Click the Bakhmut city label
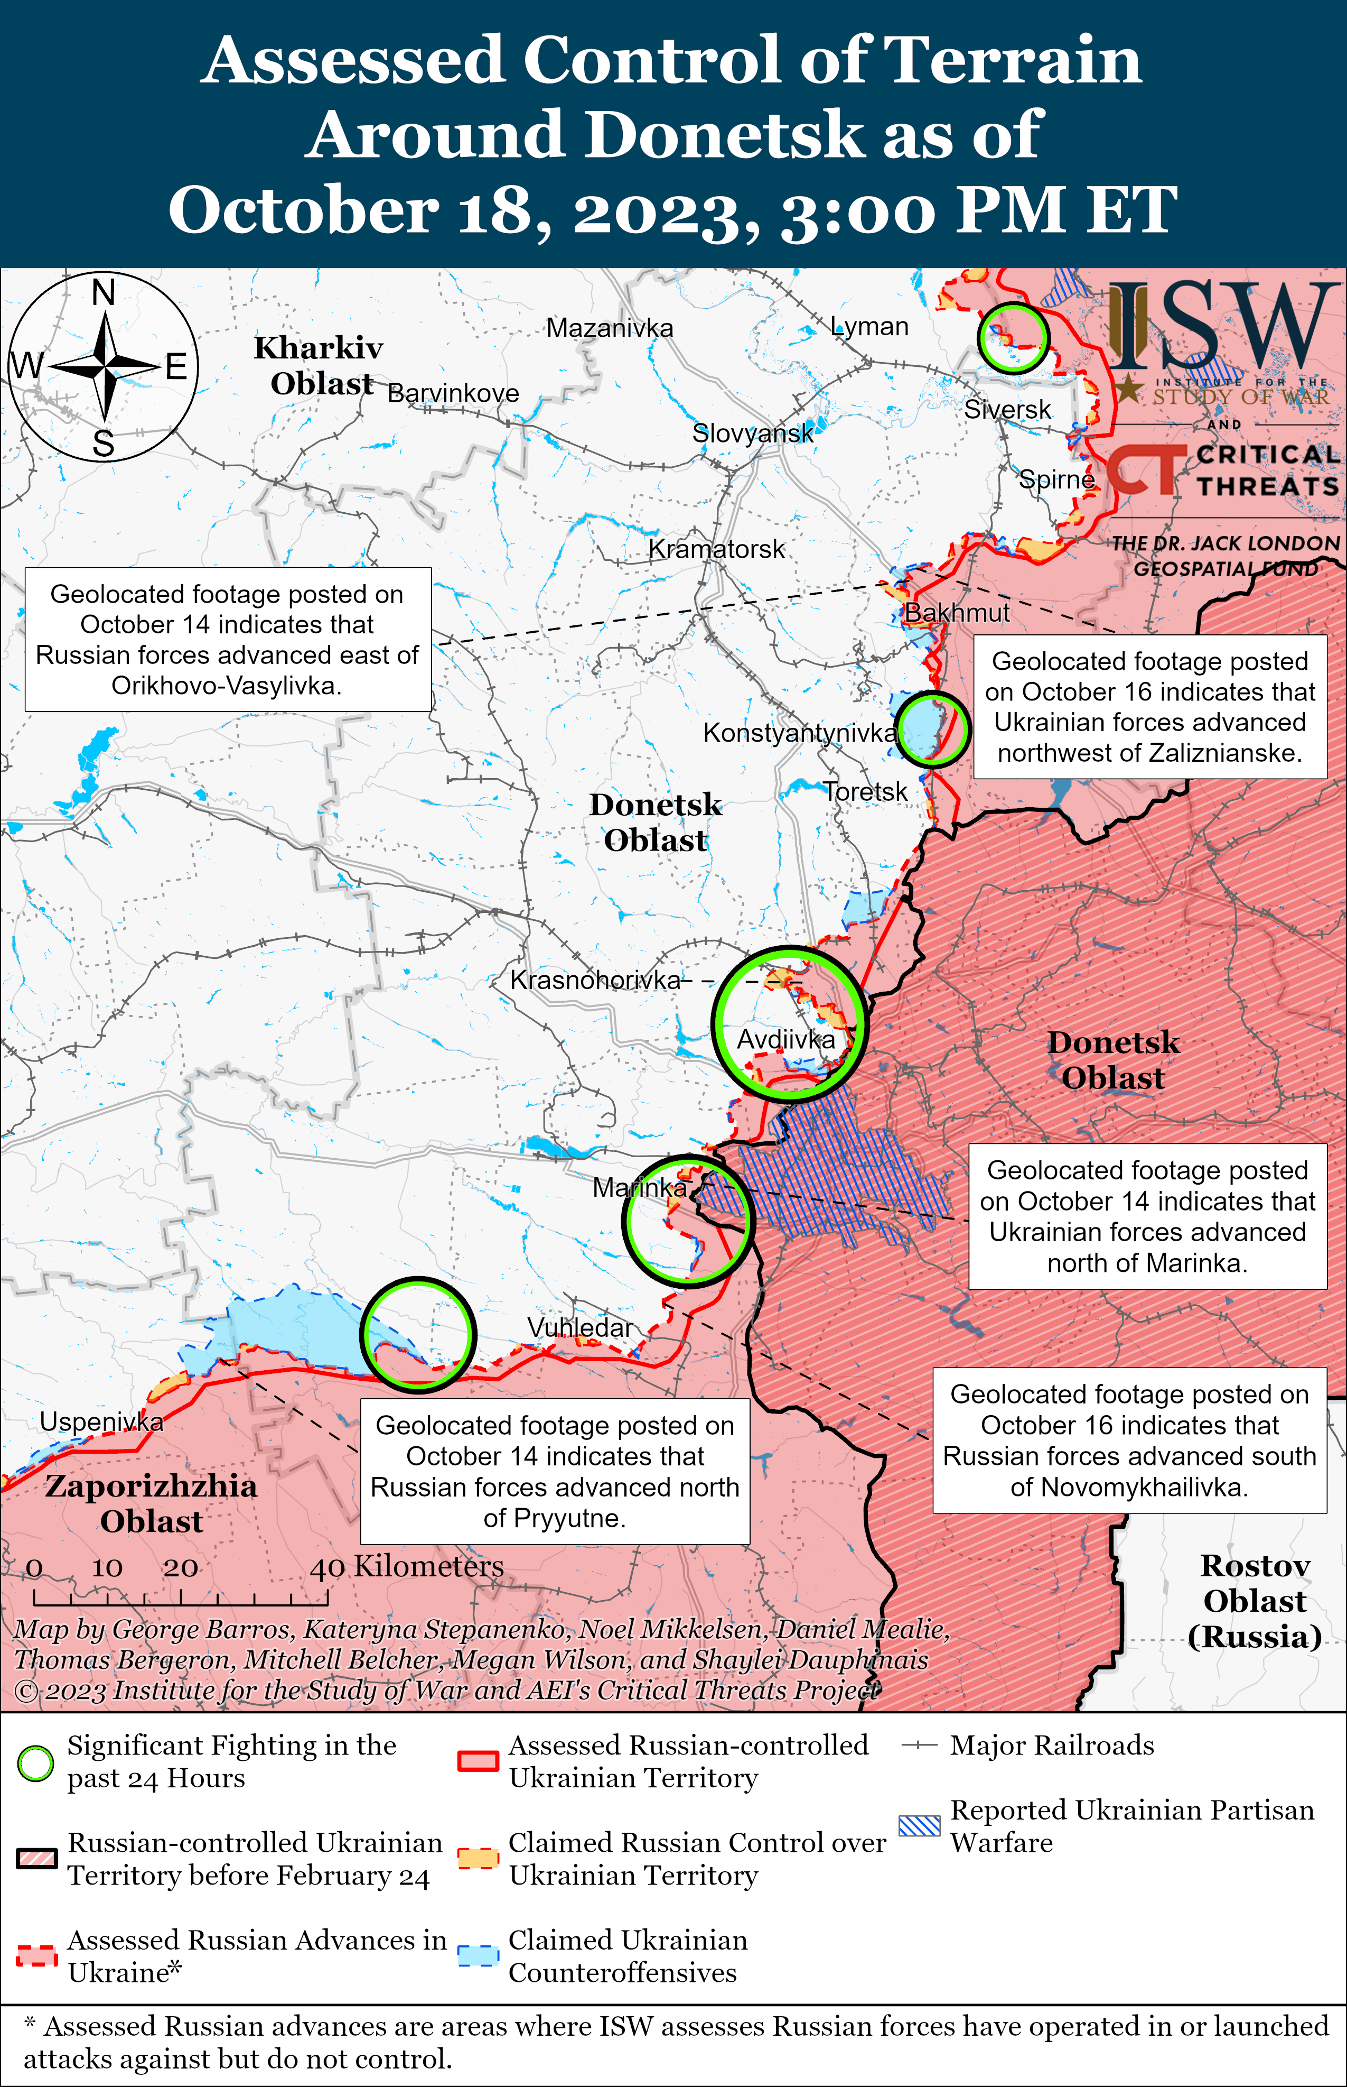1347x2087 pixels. (x=956, y=613)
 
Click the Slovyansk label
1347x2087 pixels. (x=752, y=432)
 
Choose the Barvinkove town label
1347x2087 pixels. (x=453, y=393)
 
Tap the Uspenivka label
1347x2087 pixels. (x=101, y=1422)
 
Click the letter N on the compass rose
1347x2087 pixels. (x=103, y=292)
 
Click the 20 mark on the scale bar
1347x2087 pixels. (x=180, y=1568)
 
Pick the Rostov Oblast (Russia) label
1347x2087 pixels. (x=1254, y=1601)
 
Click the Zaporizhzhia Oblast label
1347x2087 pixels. (x=151, y=1503)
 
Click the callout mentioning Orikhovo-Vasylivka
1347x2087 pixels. (x=228, y=640)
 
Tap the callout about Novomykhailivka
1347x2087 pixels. (x=1129, y=1440)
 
